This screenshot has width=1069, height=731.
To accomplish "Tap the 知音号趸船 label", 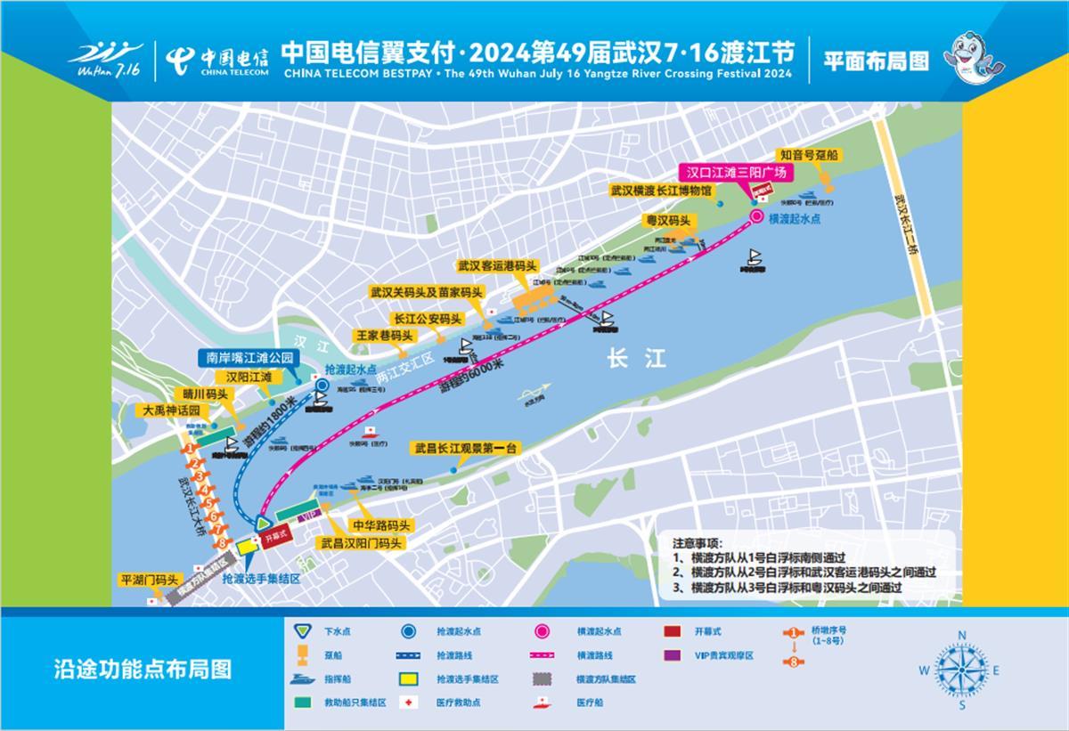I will click(x=808, y=155).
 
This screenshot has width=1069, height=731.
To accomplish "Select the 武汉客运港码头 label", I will click(x=498, y=265).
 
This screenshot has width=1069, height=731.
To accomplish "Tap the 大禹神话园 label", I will click(x=175, y=411).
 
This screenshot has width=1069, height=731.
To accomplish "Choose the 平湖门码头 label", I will click(x=150, y=580).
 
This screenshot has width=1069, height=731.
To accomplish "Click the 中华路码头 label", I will click(x=381, y=525).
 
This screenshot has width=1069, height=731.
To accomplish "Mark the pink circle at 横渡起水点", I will click(x=755, y=217).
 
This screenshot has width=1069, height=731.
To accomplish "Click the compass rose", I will click(x=961, y=670).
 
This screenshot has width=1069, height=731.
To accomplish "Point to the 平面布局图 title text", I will click(x=876, y=61).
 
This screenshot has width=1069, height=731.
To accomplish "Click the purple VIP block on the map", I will click(x=307, y=516).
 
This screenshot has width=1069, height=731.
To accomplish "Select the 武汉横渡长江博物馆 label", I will click(x=660, y=191).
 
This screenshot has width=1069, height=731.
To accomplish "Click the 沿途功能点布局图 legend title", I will click(x=143, y=669).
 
